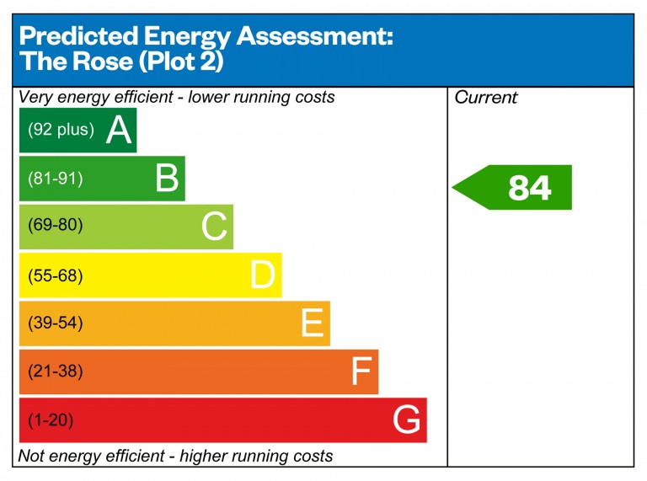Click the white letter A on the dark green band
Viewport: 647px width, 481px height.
(120, 131)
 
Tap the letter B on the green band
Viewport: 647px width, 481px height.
(168, 179)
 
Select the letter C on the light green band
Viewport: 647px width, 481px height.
(215, 227)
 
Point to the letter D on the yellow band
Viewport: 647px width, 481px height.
(263, 275)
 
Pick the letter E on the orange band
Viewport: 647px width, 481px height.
(312, 323)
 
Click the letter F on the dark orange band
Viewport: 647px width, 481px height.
(361, 371)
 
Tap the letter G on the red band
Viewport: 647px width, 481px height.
(407, 420)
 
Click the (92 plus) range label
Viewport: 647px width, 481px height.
(61, 131)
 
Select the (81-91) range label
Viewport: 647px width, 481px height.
(56, 179)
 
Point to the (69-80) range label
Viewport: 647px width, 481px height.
(56, 227)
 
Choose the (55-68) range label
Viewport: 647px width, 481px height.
(56, 275)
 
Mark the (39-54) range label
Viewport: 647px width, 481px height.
(56, 323)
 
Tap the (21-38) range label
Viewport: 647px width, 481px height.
(56, 371)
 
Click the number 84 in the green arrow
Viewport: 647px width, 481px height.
(529, 188)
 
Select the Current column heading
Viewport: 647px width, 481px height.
(486, 98)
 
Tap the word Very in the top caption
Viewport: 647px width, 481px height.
(35, 98)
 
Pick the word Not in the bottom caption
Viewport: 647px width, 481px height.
(33, 457)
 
